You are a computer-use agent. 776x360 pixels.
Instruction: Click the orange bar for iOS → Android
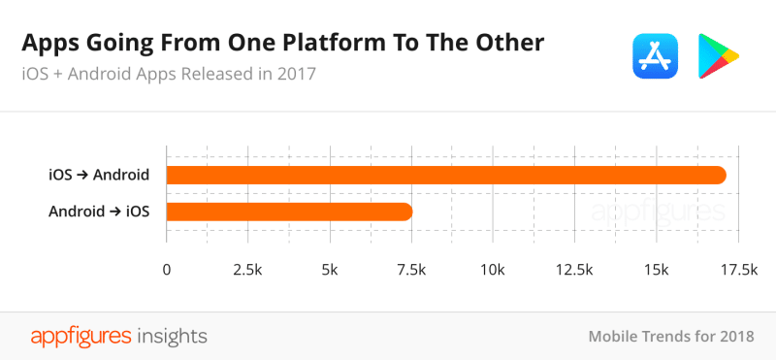click(x=445, y=176)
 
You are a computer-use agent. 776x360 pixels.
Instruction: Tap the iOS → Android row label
click(x=99, y=176)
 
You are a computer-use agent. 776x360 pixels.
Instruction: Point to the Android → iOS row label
click(x=99, y=211)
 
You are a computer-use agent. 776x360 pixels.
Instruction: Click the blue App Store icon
click(x=654, y=55)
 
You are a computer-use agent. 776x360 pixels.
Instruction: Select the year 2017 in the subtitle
click(x=295, y=74)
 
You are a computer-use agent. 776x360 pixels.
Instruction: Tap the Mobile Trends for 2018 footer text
click(x=671, y=337)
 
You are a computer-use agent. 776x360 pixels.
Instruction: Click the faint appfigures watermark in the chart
click(x=658, y=212)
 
